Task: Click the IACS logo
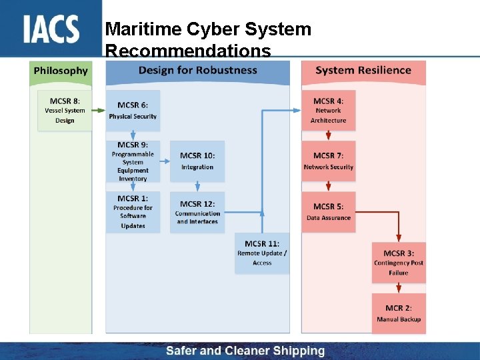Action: click(x=51, y=29)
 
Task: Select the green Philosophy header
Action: click(x=61, y=71)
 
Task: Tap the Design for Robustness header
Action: click(x=197, y=71)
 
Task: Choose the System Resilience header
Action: click(x=363, y=71)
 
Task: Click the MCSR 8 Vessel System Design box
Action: click(x=65, y=111)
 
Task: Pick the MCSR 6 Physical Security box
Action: click(x=133, y=111)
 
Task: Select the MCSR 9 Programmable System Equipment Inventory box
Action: click(x=133, y=161)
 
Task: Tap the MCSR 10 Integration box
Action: click(x=197, y=161)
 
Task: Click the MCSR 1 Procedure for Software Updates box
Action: click(x=133, y=212)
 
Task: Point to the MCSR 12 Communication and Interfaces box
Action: click(x=197, y=212)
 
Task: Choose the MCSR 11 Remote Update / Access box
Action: click(x=262, y=253)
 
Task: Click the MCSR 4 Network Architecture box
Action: click(x=328, y=111)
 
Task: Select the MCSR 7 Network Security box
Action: click(x=328, y=161)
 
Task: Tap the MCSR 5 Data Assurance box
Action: click(x=328, y=212)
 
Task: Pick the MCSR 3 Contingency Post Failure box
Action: click(x=399, y=263)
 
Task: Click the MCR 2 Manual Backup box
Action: click(x=399, y=313)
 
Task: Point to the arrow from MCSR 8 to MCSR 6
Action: click(x=99, y=111)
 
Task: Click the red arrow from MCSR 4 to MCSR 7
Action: click(x=328, y=135)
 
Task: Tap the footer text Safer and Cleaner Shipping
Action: click(x=245, y=351)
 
